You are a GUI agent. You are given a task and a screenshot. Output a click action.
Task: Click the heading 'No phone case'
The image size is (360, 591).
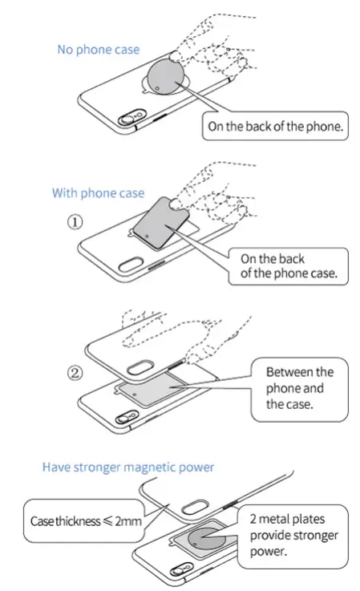(x=98, y=50)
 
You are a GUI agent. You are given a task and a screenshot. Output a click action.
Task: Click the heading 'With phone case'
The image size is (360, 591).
(x=98, y=193)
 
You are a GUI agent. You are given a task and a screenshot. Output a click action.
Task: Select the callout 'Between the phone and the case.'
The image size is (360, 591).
(x=299, y=388)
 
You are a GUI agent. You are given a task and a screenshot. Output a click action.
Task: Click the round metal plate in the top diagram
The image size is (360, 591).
(x=167, y=81)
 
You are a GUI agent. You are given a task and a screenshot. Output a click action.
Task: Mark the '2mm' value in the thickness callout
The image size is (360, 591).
(x=131, y=521)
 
